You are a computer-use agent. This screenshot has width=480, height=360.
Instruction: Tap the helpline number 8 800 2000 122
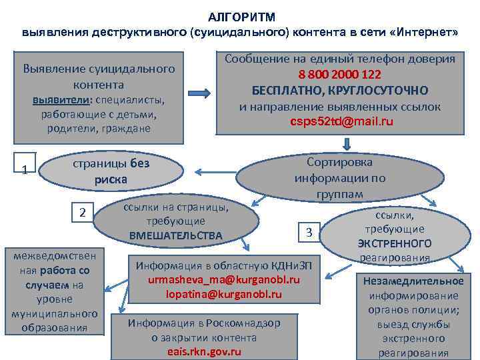(x=340, y=75)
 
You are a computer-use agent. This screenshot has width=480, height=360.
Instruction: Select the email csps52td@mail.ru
(x=341, y=121)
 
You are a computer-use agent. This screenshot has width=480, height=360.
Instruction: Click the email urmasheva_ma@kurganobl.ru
(x=224, y=279)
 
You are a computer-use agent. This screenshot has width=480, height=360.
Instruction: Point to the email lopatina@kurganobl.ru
(x=224, y=294)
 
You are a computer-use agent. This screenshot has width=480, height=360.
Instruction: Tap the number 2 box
(x=82, y=213)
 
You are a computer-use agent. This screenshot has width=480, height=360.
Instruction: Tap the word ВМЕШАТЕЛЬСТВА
(x=176, y=235)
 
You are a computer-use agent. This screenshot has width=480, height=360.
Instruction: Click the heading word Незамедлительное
(x=413, y=281)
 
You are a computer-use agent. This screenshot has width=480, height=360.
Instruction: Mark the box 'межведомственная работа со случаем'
(x=55, y=291)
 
